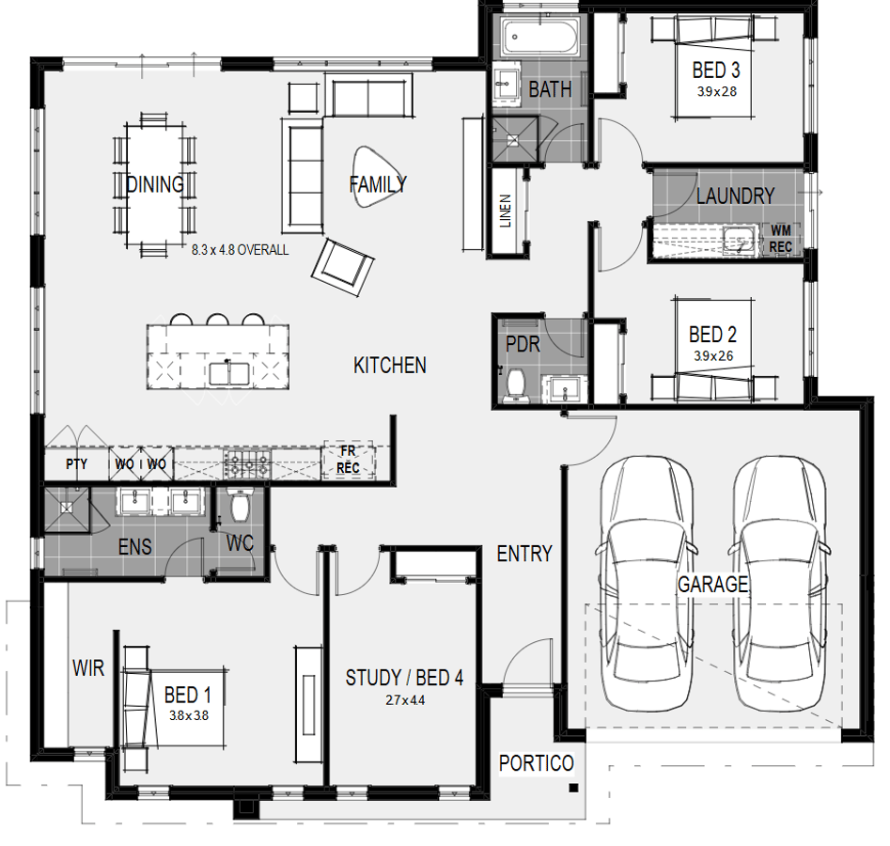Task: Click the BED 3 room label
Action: coord(716,70)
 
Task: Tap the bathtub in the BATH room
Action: coord(539,37)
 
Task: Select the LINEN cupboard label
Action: coord(506,211)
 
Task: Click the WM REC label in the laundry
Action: coord(780,239)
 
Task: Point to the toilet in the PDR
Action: coord(516,384)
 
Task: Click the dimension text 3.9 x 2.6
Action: coord(713,356)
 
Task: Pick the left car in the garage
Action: coord(646,583)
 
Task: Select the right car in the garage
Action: coord(779,583)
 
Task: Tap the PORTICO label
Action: coord(537,763)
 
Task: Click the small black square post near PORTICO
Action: coord(574,788)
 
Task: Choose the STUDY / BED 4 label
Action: coord(404,678)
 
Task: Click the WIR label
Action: coord(88,668)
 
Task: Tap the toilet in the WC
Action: coord(240,504)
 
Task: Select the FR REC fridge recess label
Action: coord(348,460)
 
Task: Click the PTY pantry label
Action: coord(77,464)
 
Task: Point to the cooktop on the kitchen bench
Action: coord(247,463)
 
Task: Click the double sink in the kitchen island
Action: coord(228,374)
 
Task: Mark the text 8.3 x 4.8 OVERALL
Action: coord(240,250)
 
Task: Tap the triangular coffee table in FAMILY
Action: coord(378,177)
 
